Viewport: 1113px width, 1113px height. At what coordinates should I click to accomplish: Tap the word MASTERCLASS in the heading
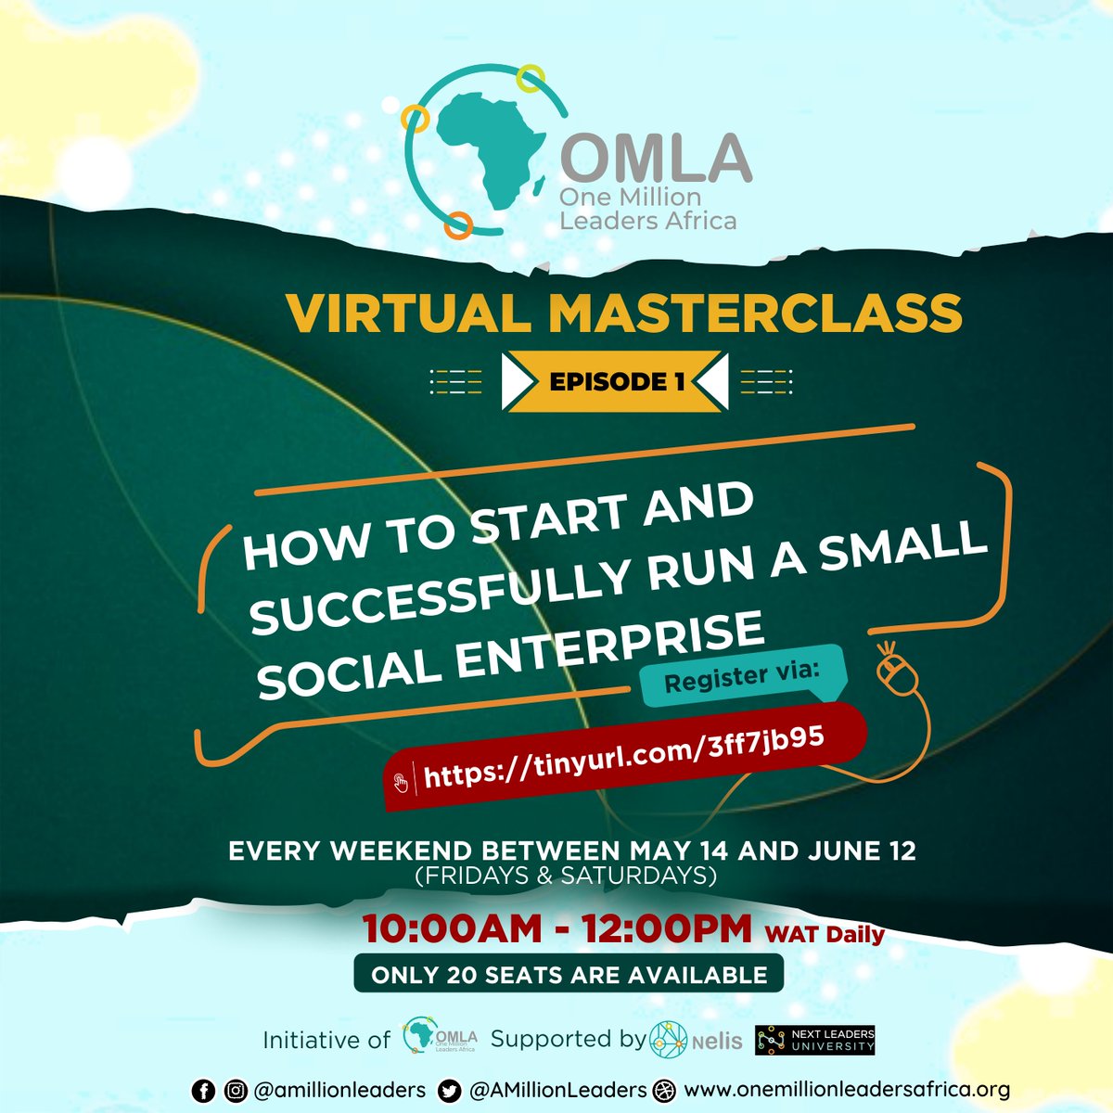(754, 313)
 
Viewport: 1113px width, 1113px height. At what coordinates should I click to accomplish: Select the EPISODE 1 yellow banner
(616, 380)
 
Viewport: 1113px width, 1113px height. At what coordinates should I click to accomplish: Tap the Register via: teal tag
(742, 674)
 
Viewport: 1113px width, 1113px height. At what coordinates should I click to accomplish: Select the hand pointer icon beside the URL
(402, 781)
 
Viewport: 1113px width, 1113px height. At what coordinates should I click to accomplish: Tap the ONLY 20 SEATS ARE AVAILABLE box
(569, 975)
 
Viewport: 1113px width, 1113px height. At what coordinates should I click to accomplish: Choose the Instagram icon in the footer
(237, 1091)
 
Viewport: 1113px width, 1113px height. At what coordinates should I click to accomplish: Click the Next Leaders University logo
(815, 1040)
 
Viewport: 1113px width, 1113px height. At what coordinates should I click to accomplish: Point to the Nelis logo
(696, 1040)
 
